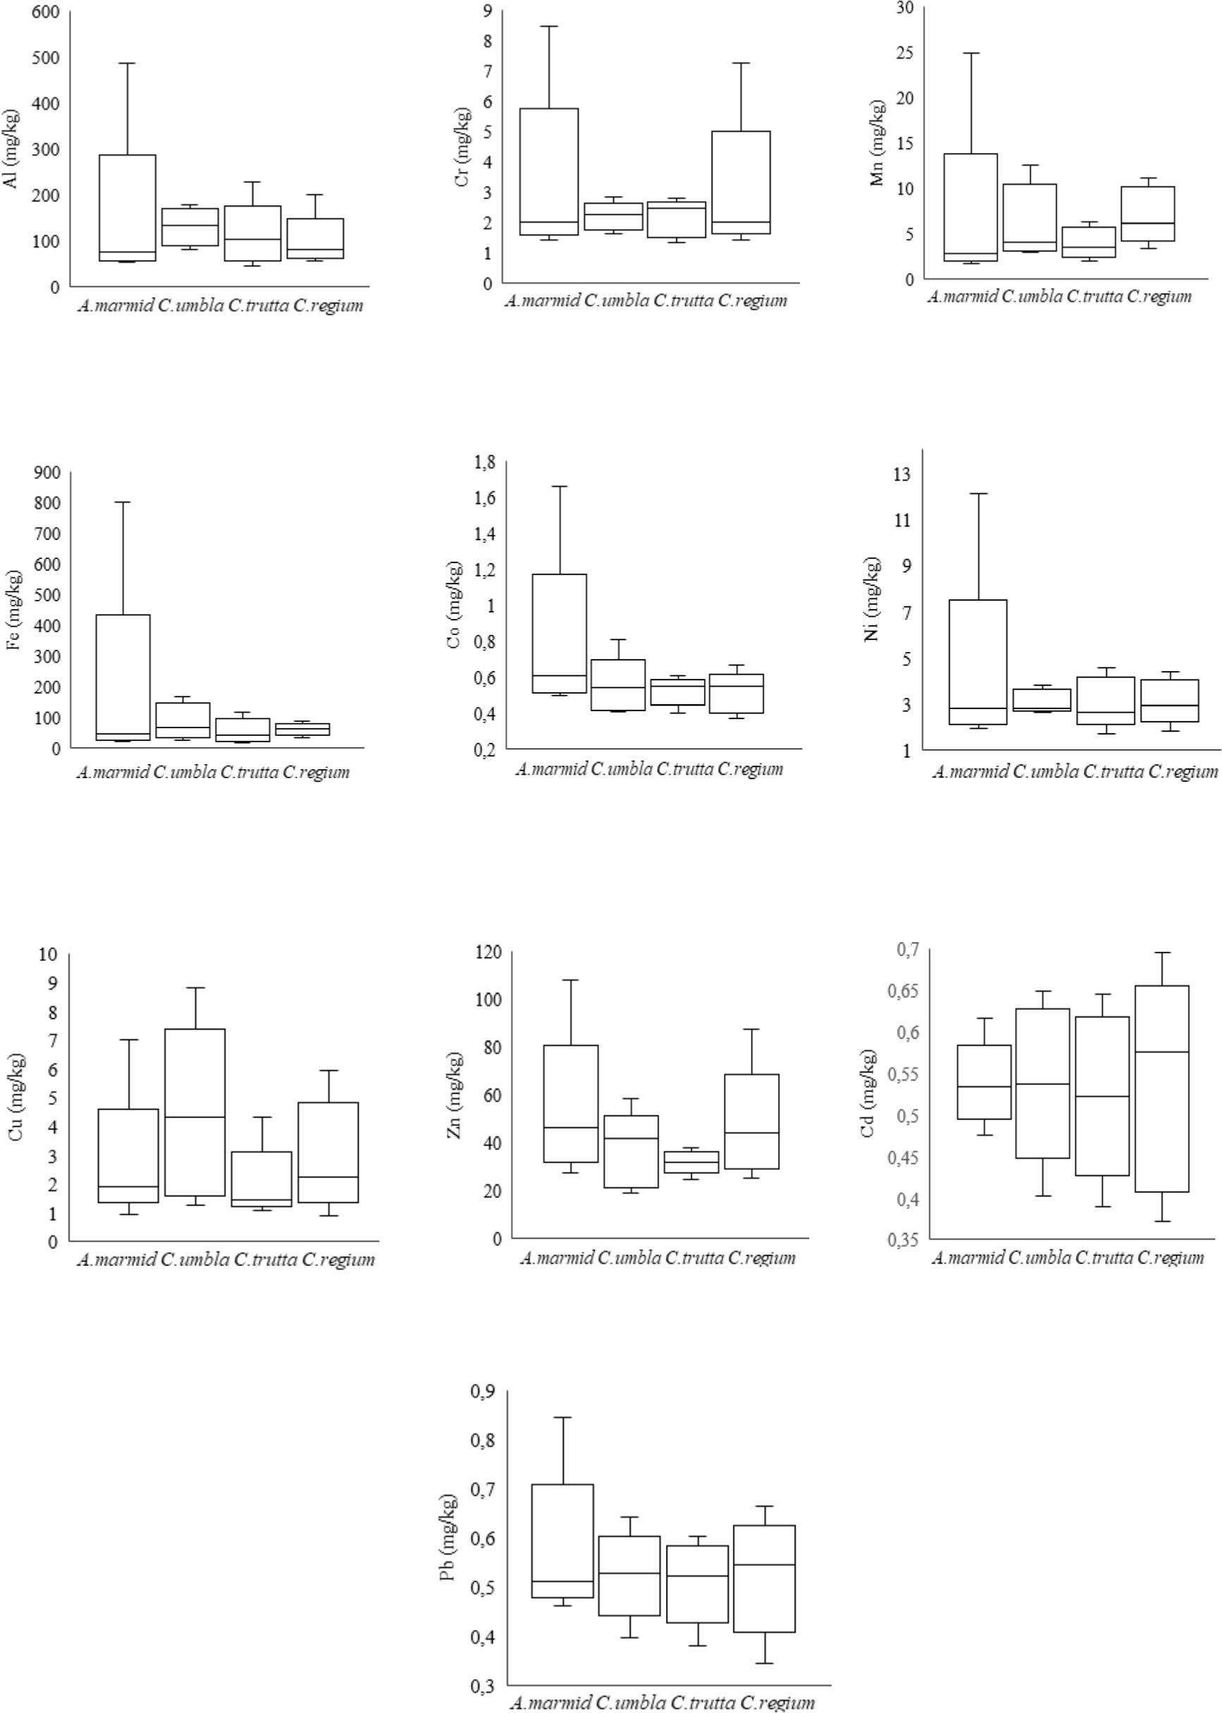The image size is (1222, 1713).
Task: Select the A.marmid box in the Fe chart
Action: [121, 677]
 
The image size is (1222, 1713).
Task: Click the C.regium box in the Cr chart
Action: [741, 182]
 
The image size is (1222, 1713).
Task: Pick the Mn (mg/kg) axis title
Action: [878, 143]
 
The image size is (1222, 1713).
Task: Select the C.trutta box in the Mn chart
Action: [1088, 242]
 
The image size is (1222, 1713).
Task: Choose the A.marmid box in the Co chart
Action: [560, 633]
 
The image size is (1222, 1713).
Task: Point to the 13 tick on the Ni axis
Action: [901, 474]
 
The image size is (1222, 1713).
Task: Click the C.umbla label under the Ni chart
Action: [1046, 771]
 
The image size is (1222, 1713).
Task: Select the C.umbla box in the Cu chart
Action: [195, 1112]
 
